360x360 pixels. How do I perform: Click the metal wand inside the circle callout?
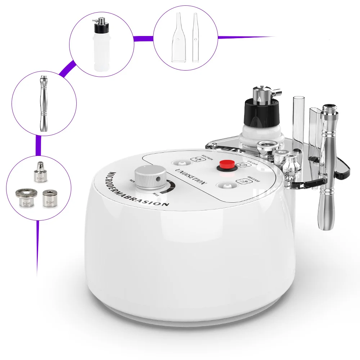(44, 103)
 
